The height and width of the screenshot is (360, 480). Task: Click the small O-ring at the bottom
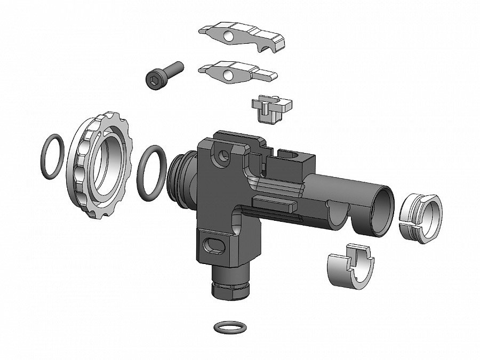click(x=226, y=326)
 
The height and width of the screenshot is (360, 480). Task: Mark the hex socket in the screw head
click(x=151, y=79)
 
